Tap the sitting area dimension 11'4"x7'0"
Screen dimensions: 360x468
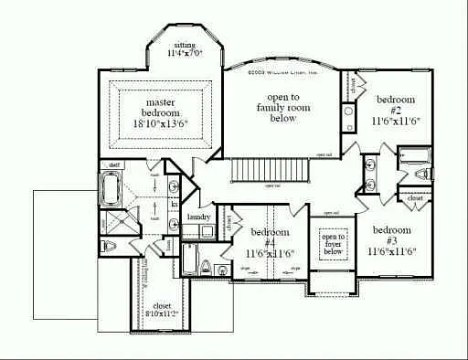[x=185, y=54]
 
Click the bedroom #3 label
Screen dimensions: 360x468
[x=389, y=229]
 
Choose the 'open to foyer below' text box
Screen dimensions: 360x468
[x=331, y=244]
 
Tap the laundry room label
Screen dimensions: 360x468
[x=198, y=217]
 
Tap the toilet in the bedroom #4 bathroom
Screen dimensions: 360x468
[x=207, y=268]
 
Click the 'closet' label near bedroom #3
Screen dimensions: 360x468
[x=414, y=196]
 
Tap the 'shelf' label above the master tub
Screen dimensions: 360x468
[x=113, y=165]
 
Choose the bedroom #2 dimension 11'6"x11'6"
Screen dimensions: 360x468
[x=395, y=120]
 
